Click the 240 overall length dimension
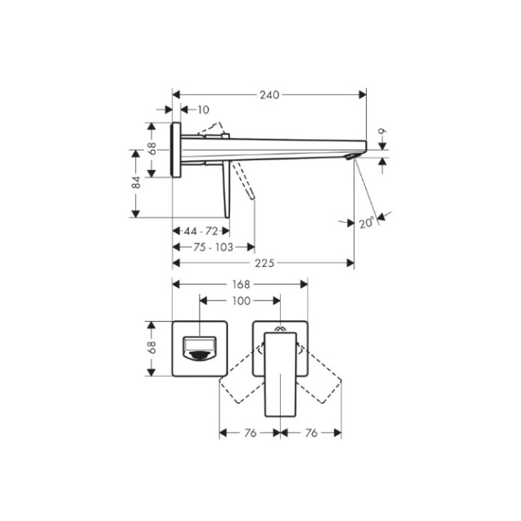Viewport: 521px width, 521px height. (269, 95)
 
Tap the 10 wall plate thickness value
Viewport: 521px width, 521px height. (203, 110)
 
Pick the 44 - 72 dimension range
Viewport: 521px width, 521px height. (201, 231)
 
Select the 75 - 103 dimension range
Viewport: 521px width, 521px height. (213, 247)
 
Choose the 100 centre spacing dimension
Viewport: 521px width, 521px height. (240, 300)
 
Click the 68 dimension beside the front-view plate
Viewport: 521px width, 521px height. (152, 348)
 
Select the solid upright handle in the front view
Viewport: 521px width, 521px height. (281, 373)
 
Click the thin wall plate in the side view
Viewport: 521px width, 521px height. (176, 149)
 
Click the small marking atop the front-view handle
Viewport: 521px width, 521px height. (281, 327)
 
